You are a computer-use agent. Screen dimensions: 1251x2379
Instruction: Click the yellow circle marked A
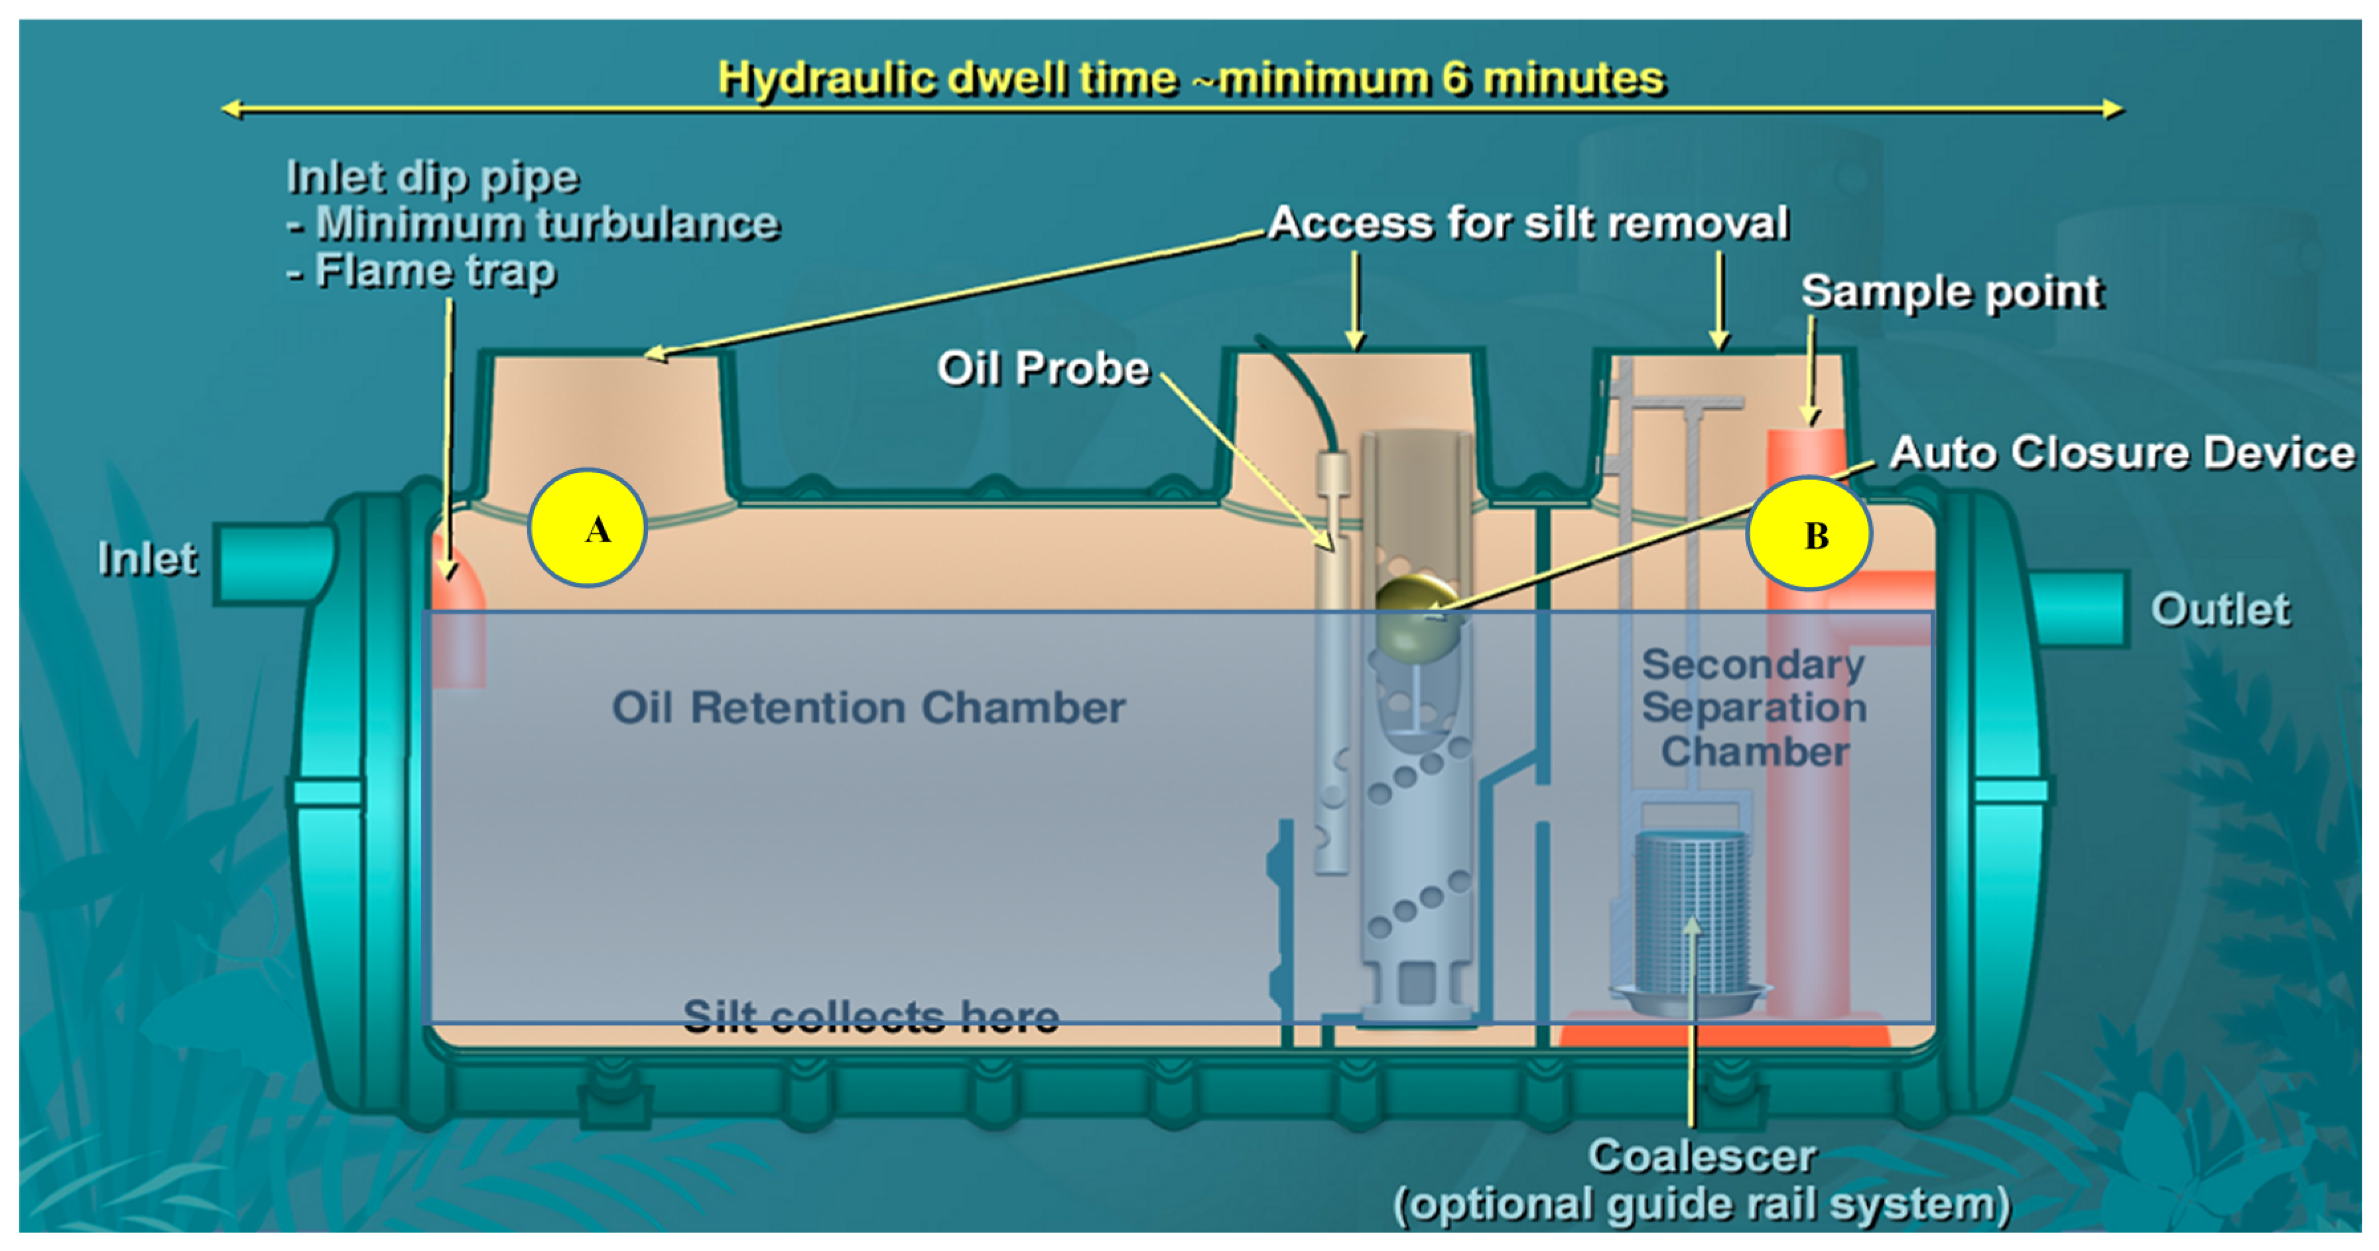pos(588,529)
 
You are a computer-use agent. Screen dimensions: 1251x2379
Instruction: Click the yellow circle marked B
pos(1809,534)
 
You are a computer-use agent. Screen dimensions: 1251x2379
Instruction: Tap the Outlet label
pos(2220,610)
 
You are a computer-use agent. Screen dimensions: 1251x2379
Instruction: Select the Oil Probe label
pos(1043,369)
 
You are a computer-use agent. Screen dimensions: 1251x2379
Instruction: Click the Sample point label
pos(1951,292)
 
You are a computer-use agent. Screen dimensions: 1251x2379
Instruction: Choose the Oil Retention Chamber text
pos(868,708)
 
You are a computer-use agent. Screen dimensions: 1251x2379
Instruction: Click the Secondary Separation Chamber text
pos(1754,708)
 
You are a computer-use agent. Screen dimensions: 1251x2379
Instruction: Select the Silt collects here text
pos(870,1016)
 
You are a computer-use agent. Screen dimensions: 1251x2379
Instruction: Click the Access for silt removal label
pos(1529,223)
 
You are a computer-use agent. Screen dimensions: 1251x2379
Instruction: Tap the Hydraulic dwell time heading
pos(1191,78)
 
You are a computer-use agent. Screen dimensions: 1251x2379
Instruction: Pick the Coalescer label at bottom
pos(1701,1157)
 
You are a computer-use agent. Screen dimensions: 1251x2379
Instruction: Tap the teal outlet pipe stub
pos(2078,608)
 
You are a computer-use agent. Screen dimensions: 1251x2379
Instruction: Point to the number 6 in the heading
pos(1456,78)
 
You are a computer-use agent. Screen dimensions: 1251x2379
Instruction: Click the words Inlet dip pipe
pos(432,176)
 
